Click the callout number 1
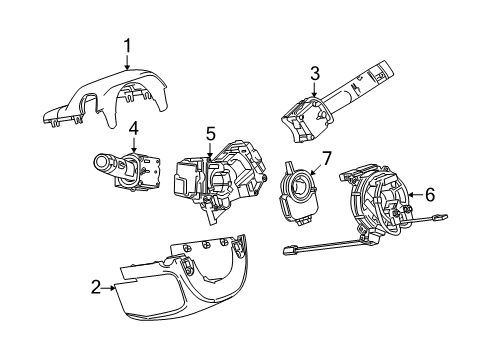(x=127, y=44)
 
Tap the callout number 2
(x=94, y=288)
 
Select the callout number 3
(x=314, y=72)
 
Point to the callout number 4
(x=132, y=126)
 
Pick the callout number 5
(x=211, y=132)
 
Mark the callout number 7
(x=325, y=158)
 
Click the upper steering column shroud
(x=110, y=99)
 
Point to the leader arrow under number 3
(x=314, y=90)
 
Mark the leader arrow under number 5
(x=211, y=149)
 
